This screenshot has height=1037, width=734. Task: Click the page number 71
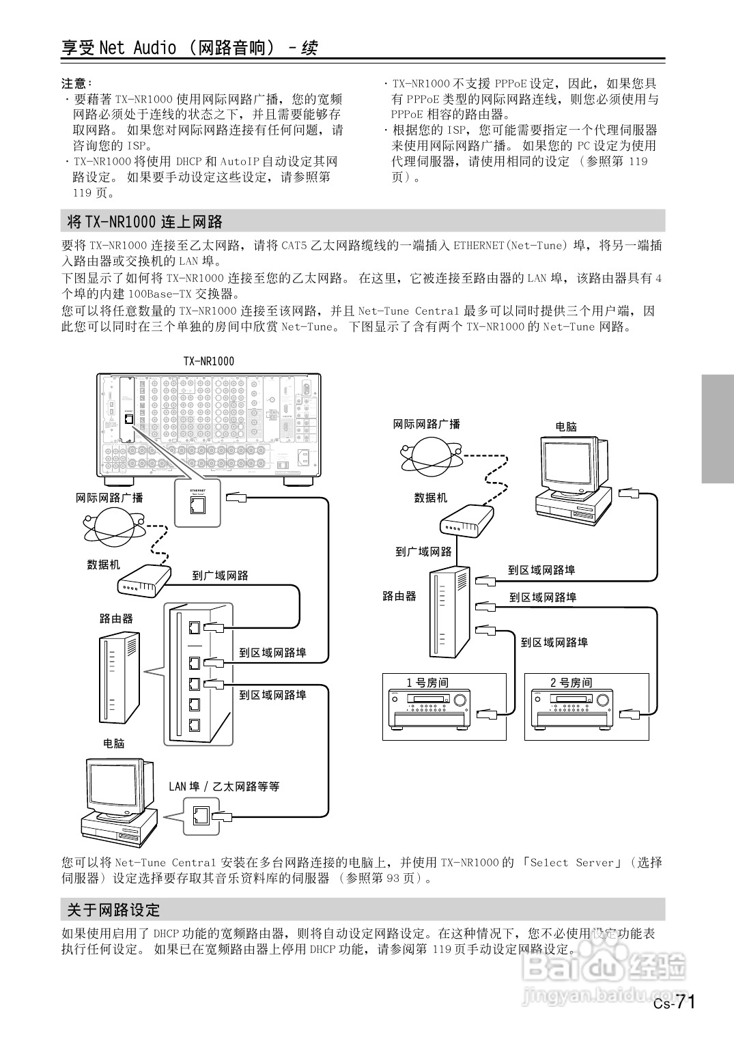[x=684, y=1002]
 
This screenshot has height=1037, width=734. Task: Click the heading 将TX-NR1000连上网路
[x=145, y=222]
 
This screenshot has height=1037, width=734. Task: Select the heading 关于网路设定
[x=113, y=909]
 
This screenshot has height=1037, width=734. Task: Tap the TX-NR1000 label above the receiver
[x=208, y=361]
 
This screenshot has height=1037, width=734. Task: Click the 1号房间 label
[x=427, y=682]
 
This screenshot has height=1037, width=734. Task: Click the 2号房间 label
[x=571, y=682]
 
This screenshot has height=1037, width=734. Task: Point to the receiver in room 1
[x=429, y=710]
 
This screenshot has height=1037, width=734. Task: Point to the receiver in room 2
[x=572, y=710]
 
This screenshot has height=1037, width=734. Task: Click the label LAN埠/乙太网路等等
[x=224, y=786]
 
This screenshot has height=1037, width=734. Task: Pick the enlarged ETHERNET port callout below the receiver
[x=199, y=503]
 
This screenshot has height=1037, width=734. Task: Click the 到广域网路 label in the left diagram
[x=220, y=576]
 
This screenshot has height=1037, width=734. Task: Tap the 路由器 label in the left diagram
[x=116, y=619]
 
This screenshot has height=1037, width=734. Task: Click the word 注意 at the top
[x=74, y=83]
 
